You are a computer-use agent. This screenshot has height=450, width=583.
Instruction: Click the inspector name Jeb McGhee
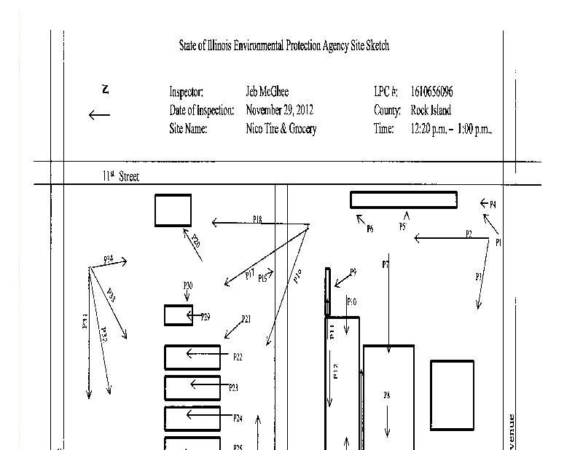click(x=267, y=92)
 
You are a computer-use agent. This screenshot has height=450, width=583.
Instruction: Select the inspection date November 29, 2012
click(x=280, y=111)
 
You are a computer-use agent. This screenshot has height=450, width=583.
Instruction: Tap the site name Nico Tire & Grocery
click(x=281, y=129)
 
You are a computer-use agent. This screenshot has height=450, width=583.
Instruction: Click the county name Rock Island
click(x=431, y=111)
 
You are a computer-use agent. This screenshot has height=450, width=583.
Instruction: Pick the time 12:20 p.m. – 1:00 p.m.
click(x=452, y=129)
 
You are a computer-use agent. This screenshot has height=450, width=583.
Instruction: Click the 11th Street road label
click(x=121, y=176)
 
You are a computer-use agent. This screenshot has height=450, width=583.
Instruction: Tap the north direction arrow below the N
click(x=99, y=114)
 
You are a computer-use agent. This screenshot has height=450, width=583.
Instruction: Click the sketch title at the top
click(x=284, y=46)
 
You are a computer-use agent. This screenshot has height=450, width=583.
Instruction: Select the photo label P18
click(x=258, y=218)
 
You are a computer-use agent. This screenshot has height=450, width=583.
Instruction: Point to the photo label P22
click(x=238, y=357)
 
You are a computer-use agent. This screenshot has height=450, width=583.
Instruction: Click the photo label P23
click(x=234, y=388)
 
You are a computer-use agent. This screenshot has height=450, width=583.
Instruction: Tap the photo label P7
click(x=386, y=264)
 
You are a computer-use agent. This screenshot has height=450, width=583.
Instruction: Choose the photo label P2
click(x=469, y=234)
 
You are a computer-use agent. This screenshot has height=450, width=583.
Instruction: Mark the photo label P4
click(x=493, y=205)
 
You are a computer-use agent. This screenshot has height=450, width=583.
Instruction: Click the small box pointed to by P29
click(x=179, y=315)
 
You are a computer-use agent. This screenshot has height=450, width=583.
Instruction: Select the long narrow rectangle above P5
click(x=404, y=200)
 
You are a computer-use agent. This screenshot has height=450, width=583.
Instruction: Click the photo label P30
click(x=188, y=285)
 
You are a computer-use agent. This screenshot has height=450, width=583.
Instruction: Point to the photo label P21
click(x=246, y=319)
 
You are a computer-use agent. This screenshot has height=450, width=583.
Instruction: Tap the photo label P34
click(x=108, y=258)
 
